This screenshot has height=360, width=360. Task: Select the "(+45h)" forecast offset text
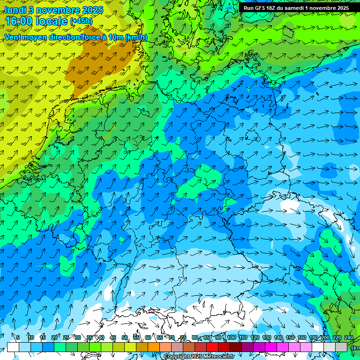pos(81,21)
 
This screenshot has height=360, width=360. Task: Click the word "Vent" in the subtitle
pos(15,37)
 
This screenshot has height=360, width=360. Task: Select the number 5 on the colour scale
pos(18,337)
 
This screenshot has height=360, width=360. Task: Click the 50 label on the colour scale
pos(124,337)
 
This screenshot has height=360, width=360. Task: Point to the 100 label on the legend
pos(231,337)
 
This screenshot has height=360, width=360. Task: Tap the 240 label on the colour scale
pos(348,337)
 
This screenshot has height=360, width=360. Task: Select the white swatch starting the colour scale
pos(13,347)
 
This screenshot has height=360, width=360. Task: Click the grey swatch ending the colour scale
pos(342,347)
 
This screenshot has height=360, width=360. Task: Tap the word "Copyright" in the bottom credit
pos(177,357)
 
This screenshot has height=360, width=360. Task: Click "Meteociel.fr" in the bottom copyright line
pos(218,357)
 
